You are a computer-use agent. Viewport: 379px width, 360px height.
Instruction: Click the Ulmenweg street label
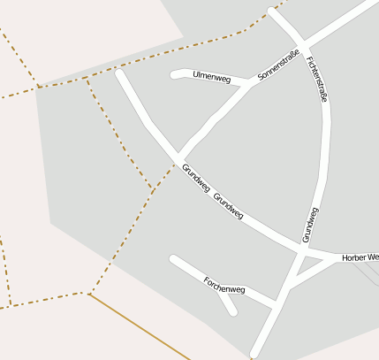pyautogui.click(x=211, y=78)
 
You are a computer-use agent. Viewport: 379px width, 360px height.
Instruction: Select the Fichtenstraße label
pyautogui.click(x=317, y=80)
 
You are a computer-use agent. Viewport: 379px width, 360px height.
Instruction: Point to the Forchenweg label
pyautogui.click(x=224, y=284)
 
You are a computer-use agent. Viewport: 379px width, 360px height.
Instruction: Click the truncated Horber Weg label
pyautogui.click(x=360, y=257)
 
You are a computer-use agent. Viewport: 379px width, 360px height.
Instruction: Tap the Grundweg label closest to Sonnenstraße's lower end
pyautogui.click(x=195, y=179)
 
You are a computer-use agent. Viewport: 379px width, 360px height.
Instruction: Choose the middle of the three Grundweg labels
pyautogui.click(x=228, y=205)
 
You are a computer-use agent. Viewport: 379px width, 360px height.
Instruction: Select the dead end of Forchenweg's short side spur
pyautogui.click(x=233, y=310)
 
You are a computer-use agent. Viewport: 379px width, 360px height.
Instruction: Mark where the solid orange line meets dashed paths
pyautogui.click(x=88, y=294)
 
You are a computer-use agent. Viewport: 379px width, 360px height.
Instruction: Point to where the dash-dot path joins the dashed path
pyautogui.click(x=151, y=188)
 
